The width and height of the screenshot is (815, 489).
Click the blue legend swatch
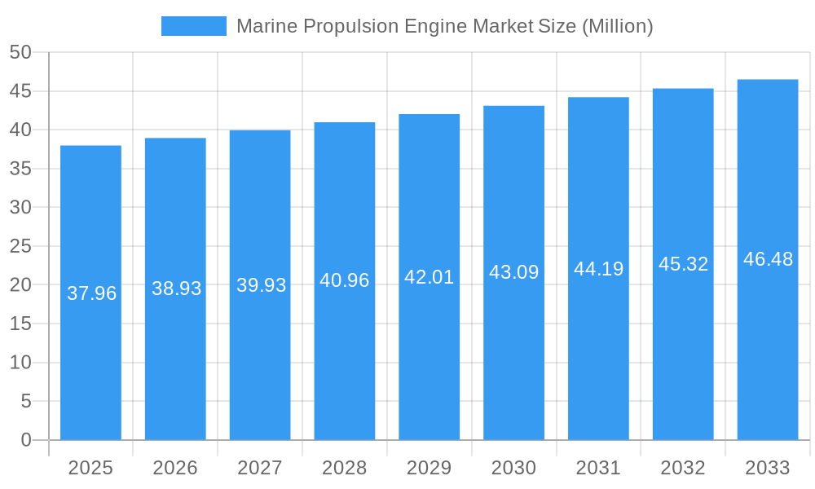coord(194,26)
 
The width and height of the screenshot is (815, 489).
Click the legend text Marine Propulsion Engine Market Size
coord(444,26)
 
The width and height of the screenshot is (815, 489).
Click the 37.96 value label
coord(91,293)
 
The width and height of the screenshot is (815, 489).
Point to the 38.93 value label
coord(176,289)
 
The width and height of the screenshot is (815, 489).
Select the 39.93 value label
coord(261,285)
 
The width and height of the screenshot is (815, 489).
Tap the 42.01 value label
coord(429,277)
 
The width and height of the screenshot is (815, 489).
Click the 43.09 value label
coord(513,272)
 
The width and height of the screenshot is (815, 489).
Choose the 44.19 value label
coord(598,269)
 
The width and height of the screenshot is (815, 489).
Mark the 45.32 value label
coord(683,264)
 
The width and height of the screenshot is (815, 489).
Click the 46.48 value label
coord(768,259)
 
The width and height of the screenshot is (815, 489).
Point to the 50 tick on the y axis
coord(20,53)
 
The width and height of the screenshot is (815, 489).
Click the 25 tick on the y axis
coord(20,246)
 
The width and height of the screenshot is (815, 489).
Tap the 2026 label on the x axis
coord(175,468)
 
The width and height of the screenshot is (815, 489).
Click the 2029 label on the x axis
coord(429,468)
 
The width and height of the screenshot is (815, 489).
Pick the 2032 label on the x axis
coord(683,468)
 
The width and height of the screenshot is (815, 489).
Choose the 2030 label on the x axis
coord(513,468)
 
